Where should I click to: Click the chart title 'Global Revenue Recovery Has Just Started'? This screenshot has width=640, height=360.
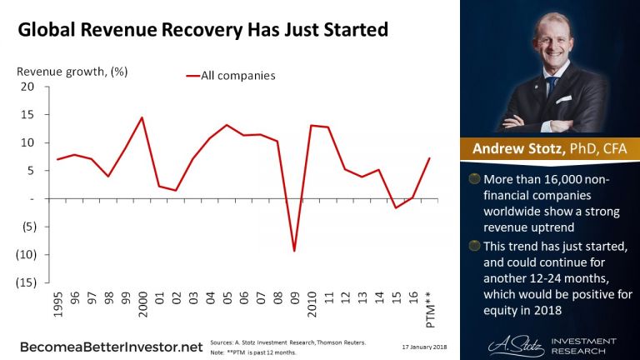[x=203, y=31]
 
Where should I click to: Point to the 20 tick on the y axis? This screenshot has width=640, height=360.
[x=27, y=87]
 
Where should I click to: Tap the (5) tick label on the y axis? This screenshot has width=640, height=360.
[x=26, y=227]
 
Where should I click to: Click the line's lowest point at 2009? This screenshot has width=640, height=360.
[x=293, y=251]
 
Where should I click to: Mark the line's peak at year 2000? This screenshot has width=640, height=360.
[x=142, y=117]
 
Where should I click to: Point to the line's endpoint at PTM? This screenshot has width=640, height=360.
[x=428, y=158]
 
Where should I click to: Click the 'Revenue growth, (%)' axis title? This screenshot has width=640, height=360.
[x=72, y=70]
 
